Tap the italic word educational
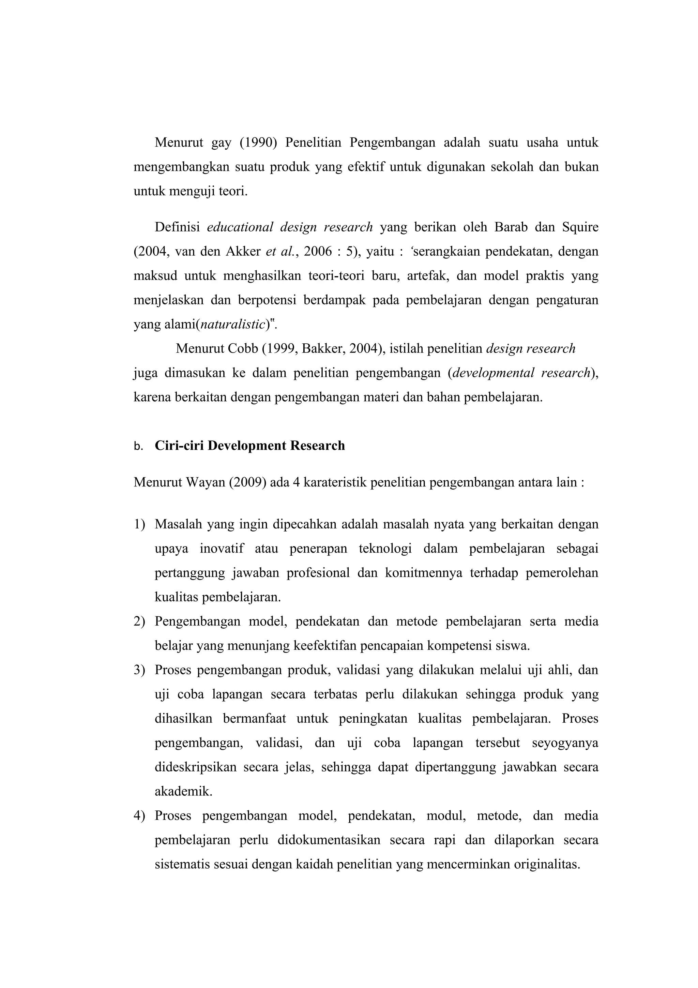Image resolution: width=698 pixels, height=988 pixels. pos(240,227)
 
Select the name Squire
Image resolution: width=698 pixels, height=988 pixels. pos(580,227)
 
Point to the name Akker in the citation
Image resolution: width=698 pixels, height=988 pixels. pos(243,251)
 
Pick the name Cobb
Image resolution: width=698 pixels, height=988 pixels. pos(243,348)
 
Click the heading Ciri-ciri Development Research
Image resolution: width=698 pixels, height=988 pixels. pos(250,445)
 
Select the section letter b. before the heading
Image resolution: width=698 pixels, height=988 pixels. pos(138,447)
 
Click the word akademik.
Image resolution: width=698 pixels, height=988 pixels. pos(183,791)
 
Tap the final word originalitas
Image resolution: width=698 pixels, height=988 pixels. pos(547,864)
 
